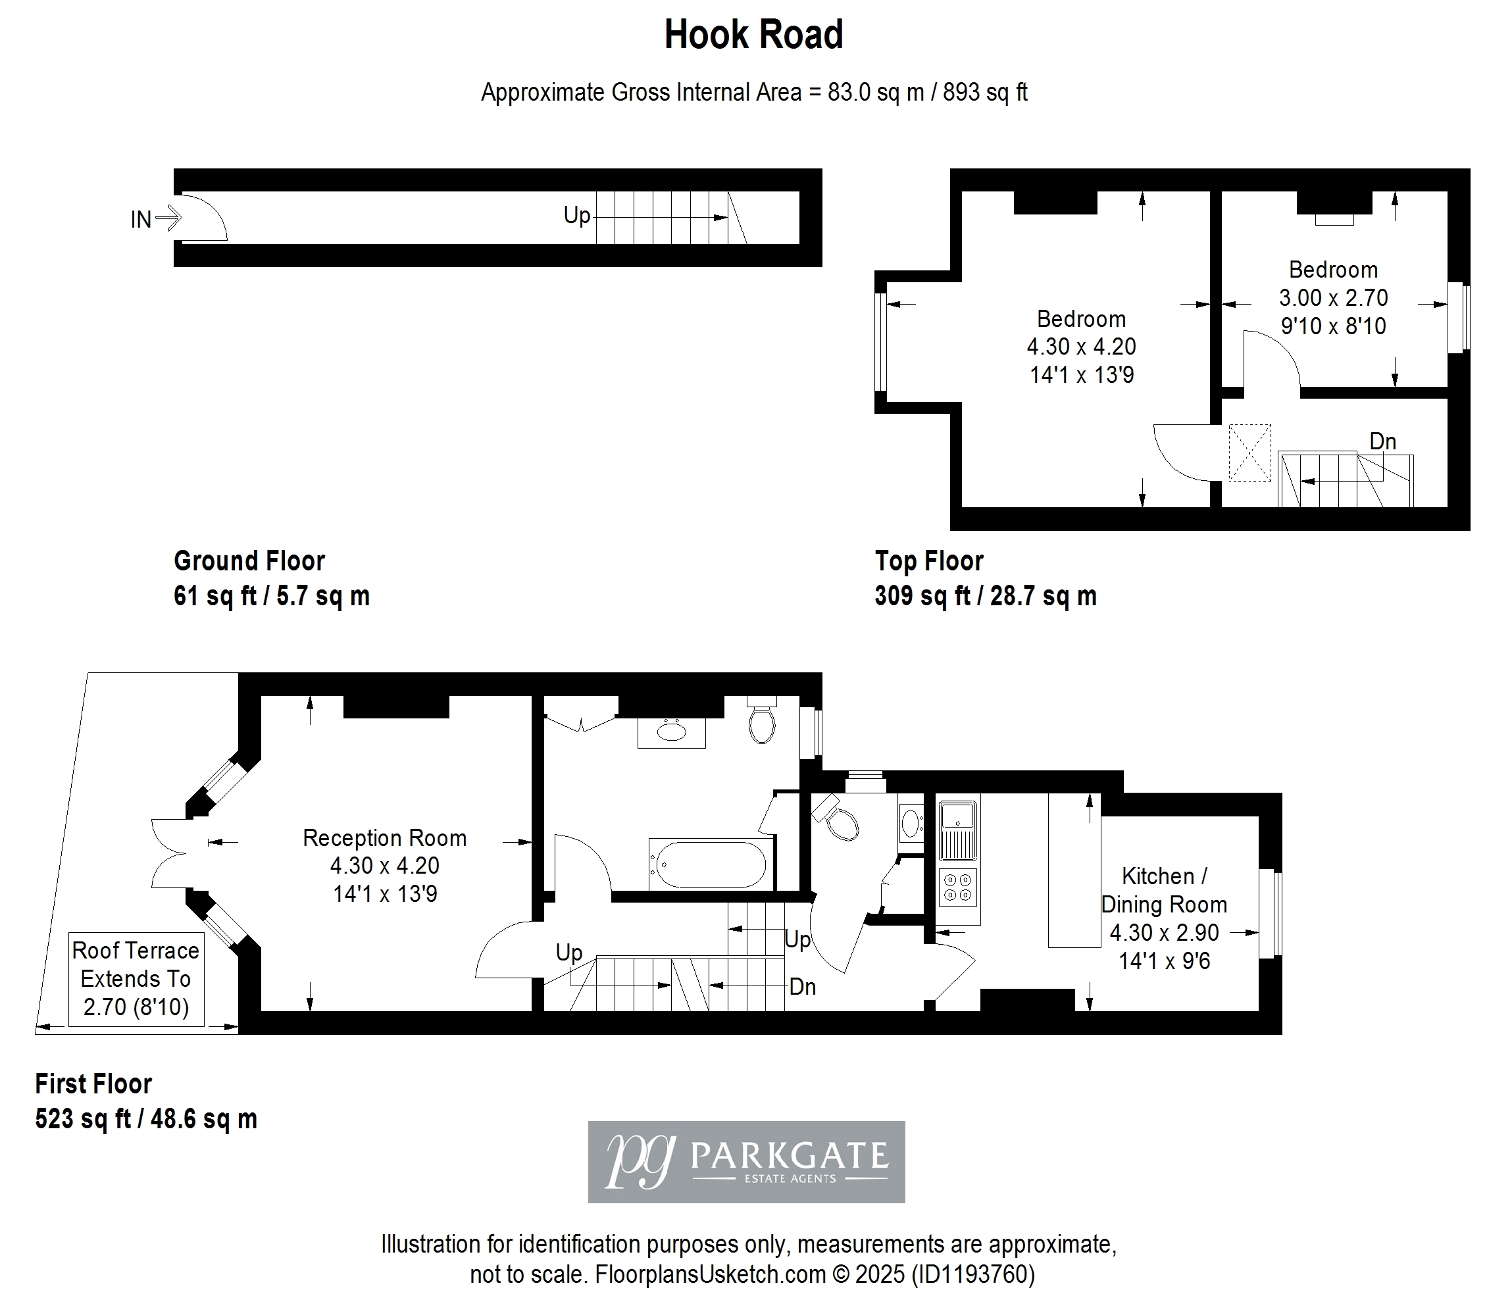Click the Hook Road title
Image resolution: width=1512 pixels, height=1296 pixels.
[754, 34]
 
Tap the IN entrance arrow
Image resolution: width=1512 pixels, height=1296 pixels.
[168, 218]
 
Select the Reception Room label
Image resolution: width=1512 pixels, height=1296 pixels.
[384, 837]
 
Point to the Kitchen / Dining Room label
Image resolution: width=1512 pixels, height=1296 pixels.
[1164, 890]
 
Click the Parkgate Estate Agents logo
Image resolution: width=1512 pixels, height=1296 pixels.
[747, 1162]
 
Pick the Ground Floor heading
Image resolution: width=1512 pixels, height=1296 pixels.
[249, 561]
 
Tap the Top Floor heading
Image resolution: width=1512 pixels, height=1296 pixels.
[929, 561]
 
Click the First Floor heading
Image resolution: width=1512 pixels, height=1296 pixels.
[93, 1084]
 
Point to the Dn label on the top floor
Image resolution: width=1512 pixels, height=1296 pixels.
[1383, 441]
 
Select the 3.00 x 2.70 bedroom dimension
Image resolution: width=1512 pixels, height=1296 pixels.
[1333, 298]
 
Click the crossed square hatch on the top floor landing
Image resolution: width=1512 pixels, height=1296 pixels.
[1249, 453]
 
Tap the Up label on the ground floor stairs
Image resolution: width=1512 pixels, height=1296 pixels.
[576, 215]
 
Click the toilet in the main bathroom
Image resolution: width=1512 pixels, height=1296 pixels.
[762, 720]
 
